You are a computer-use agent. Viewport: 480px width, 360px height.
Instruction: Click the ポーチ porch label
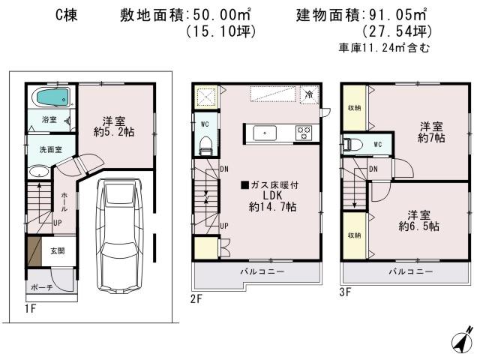(x=42, y=287)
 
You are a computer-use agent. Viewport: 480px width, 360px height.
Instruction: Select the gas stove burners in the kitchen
(x=304, y=133)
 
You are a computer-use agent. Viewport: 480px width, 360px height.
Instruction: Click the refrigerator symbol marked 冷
(x=309, y=95)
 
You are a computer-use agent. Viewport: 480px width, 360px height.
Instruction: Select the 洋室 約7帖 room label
(x=432, y=132)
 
